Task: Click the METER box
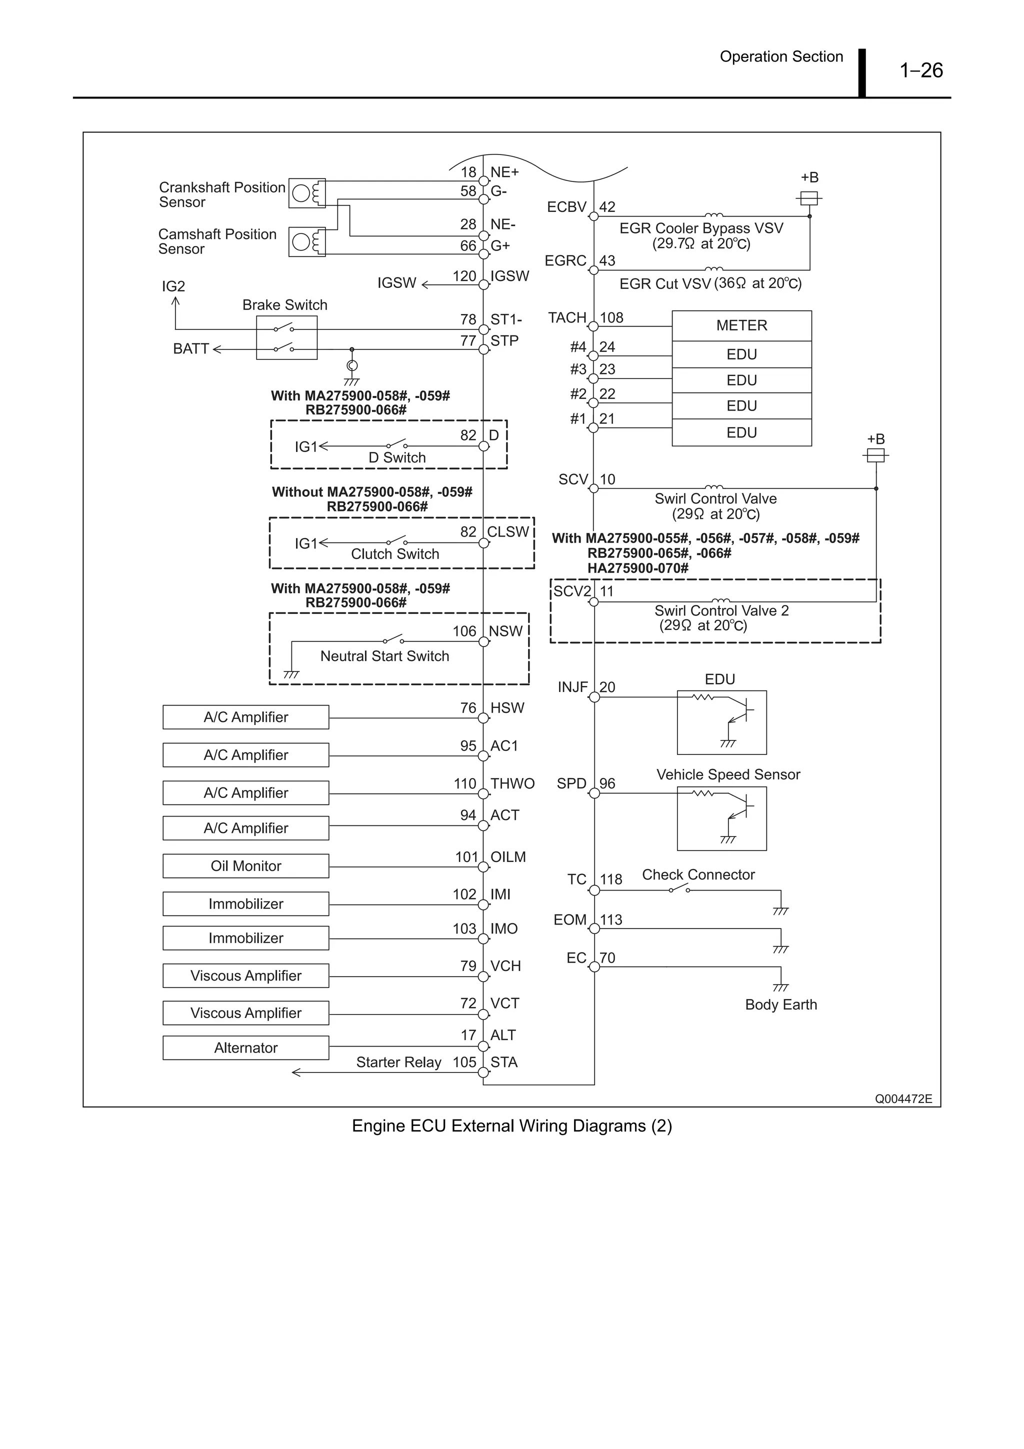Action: point(741,325)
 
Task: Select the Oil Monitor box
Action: point(245,866)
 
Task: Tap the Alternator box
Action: point(245,1047)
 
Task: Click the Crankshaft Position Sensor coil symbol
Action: point(307,193)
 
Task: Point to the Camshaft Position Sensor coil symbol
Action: point(307,241)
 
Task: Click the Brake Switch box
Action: point(286,338)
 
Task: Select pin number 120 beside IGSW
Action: point(464,276)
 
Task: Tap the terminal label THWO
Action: point(512,784)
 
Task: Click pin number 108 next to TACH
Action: point(611,318)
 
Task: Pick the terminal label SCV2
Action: point(572,591)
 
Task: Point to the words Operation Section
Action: point(781,57)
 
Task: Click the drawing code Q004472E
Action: point(903,1098)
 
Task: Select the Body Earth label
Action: point(780,1004)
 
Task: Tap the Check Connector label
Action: point(698,874)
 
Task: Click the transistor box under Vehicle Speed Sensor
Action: point(722,818)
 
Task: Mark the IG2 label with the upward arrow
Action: point(173,286)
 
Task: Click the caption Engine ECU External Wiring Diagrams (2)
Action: point(511,1126)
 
